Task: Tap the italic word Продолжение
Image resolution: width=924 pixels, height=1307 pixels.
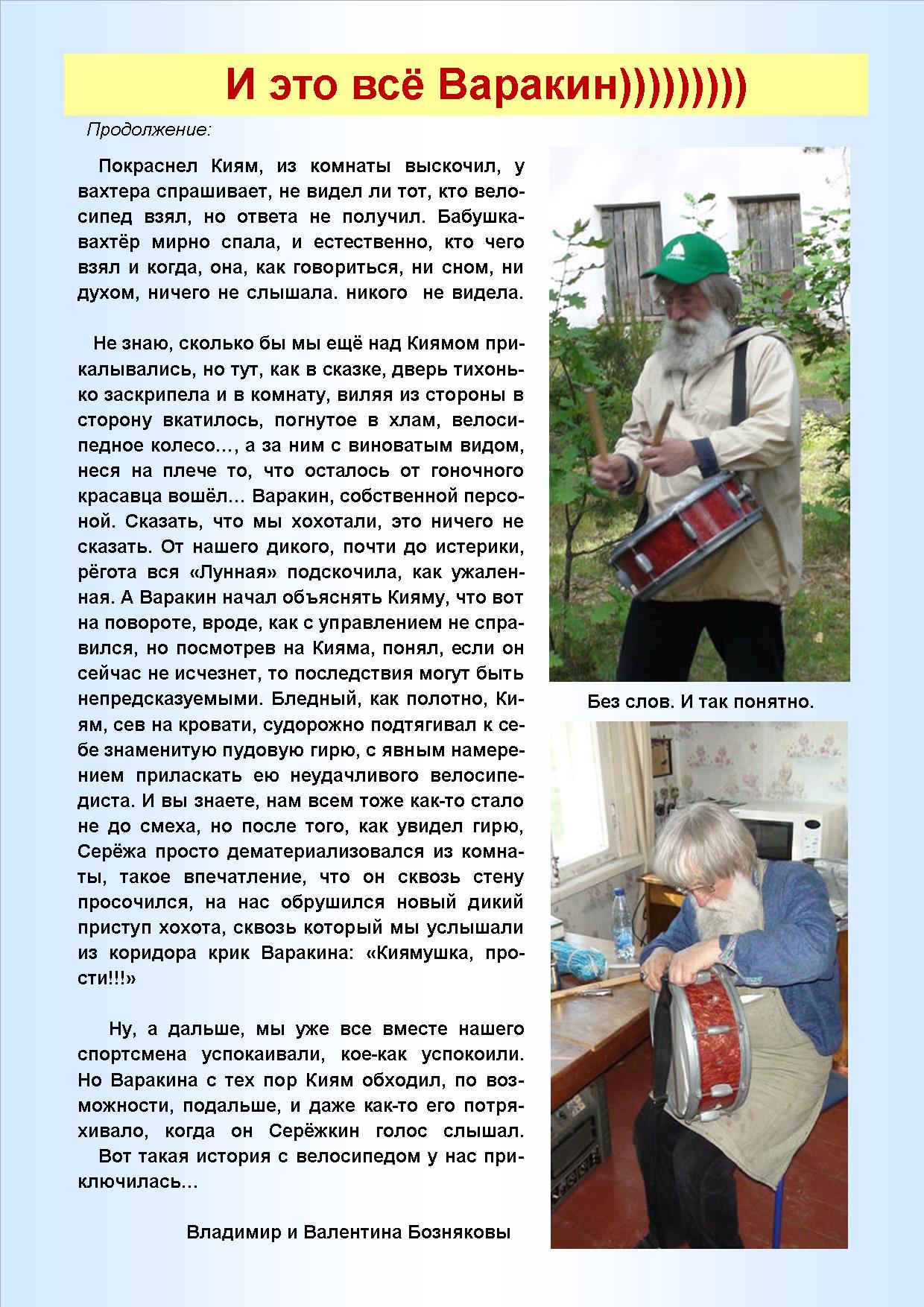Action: [x=149, y=130]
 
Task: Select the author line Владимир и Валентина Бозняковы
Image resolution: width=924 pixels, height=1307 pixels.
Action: [x=348, y=1232]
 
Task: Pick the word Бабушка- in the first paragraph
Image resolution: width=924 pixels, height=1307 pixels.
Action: [x=481, y=217]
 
